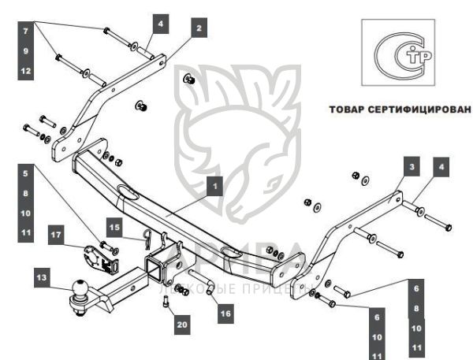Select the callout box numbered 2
point(199,28)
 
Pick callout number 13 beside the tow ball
point(42,277)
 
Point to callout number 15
point(114,227)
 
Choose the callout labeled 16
point(225,313)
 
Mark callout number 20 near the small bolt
point(183,323)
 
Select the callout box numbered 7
point(25,33)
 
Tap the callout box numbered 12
point(25,71)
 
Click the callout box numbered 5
point(25,173)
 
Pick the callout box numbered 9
point(25,52)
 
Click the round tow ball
point(80,290)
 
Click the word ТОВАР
point(348,109)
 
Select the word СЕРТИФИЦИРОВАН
point(419,109)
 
